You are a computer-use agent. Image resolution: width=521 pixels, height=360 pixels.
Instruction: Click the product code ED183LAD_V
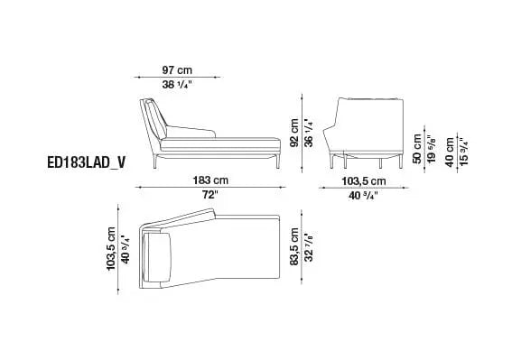click(88, 165)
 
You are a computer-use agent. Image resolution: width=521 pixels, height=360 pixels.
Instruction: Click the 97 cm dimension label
click(178, 69)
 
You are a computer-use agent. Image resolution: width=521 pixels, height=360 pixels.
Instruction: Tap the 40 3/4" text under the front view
click(358, 194)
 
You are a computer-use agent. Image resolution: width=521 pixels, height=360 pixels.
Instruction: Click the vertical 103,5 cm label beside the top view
click(111, 249)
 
